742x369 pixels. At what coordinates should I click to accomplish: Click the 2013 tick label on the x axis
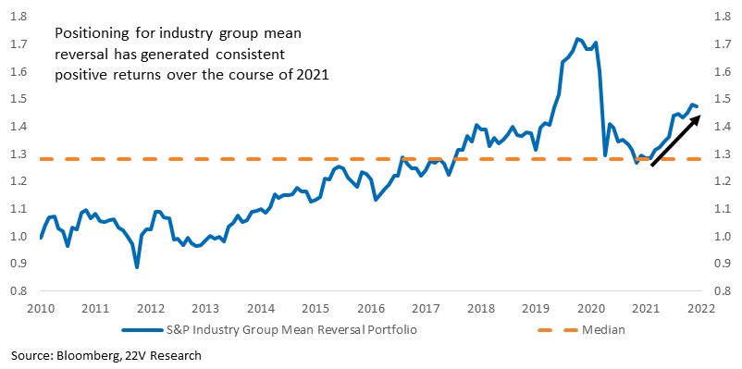tap(205, 309)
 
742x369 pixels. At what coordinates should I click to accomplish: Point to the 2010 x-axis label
tap(41, 309)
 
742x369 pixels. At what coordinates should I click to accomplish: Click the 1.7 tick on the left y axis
tap(19, 45)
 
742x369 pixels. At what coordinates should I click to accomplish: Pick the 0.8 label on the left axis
tap(19, 291)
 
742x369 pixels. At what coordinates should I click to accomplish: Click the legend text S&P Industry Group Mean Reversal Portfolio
tap(293, 330)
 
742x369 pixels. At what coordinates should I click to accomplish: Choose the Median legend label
tap(603, 330)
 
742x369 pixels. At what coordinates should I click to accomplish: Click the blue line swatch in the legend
tap(142, 330)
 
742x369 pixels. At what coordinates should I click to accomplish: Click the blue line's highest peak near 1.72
tap(576, 39)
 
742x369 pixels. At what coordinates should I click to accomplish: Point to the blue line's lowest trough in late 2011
tap(137, 267)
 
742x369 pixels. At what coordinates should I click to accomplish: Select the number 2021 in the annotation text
tap(316, 76)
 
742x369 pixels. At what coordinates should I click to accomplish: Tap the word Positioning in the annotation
tap(85, 34)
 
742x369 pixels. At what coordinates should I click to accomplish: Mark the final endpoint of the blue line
tap(697, 107)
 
